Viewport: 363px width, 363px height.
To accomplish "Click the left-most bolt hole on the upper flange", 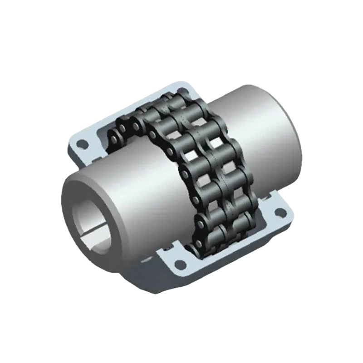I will pos(82,145).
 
